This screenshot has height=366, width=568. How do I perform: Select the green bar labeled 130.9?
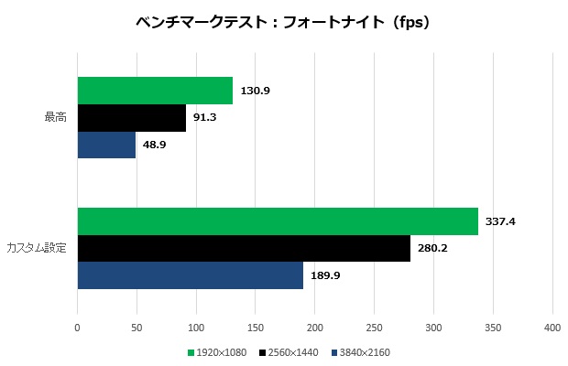coord(155,91)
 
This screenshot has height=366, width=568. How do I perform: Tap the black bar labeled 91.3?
coord(131,118)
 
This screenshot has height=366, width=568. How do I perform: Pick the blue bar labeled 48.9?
coord(106,145)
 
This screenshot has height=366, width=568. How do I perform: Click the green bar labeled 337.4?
coord(278,221)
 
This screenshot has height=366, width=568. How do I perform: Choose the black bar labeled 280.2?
coord(244,248)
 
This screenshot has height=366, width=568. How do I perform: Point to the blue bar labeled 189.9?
coord(190,274)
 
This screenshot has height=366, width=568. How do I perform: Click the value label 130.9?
coord(255,91)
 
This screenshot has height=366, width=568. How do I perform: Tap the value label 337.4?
coord(500,221)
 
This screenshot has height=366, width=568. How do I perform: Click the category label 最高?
coord(55,118)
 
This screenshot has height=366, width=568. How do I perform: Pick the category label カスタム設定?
coord(37,248)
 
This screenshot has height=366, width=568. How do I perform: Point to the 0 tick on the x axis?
coord(77,327)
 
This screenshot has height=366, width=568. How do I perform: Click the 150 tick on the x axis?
coord(256,327)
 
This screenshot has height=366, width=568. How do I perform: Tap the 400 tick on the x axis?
coord(552,327)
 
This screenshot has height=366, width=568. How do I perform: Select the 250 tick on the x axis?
coord(375,327)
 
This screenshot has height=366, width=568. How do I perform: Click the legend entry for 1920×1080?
coord(221,351)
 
